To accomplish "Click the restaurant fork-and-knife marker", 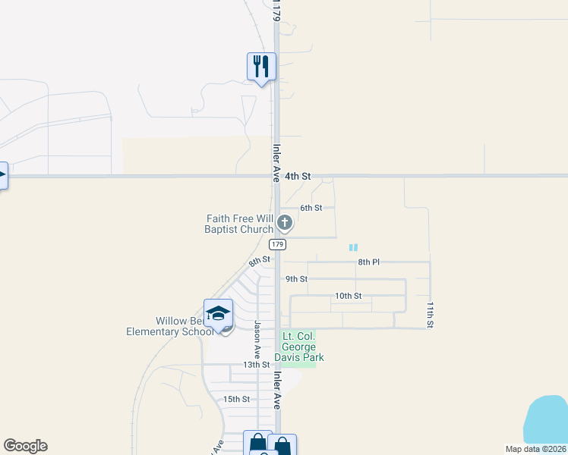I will (x=261, y=67).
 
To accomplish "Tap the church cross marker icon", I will (x=285, y=222).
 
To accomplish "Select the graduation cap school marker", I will (x=218, y=313).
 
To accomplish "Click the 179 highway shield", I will (x=277, y=244).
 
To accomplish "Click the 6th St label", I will (x=311, y=208).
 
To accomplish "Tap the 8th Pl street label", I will (x=368, y=262).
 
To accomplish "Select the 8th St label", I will (x=260, y=262).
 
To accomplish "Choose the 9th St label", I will (x=296, y=279).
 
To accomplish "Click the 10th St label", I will (x=348, y=296).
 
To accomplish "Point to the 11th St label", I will (x=430, y=315).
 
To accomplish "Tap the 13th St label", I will (x=257, y=365).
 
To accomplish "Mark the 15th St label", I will (x=236, y=399).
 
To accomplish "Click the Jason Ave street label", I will (x=257, y=340).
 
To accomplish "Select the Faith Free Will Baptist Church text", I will (x=239, y=224).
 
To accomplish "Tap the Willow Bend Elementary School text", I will (x=170, y=326).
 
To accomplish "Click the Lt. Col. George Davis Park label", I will (x=303, y=347).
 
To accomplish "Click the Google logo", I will (x=25, y=446).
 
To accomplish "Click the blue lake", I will (x=548, y=423).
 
